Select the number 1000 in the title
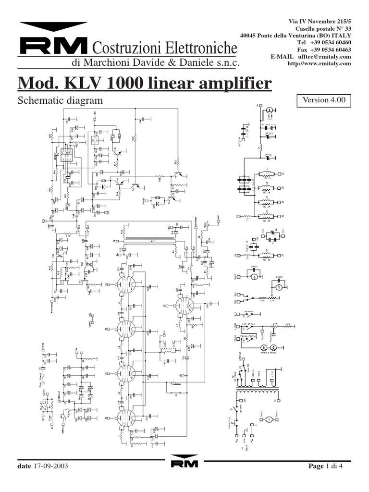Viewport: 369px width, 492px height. click(128, 84)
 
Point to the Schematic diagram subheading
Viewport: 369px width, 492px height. click(61, 100)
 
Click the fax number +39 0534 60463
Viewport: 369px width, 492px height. click(332, 49)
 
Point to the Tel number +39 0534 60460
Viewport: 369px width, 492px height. click(332, 42)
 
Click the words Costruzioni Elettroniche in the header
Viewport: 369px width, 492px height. click(164, 48)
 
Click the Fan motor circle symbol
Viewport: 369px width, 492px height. click(269, 419)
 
